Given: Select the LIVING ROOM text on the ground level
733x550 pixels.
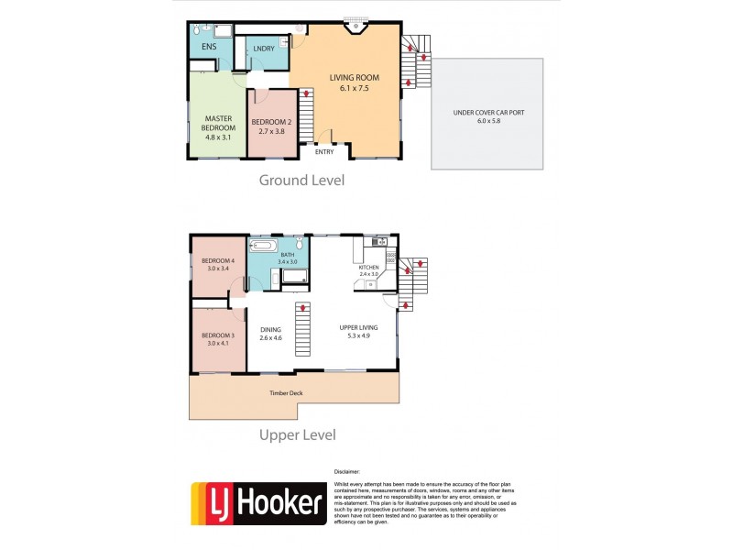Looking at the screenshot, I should click(x=354, y=77).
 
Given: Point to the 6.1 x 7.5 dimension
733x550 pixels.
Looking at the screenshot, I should click(x=354, y=89).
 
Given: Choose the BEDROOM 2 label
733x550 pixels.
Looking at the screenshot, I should click(x=271, y=122).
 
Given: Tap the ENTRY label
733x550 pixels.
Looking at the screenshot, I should click(x=324, y=152).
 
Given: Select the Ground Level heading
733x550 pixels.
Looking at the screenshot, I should click(x=301, y=180).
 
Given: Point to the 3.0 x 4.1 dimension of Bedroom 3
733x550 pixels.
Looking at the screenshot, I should click(x=218, y=343).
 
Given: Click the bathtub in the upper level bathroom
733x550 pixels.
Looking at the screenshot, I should click(x=263, y=247).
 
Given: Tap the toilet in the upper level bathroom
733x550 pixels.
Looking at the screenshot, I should click(x=299, y=245).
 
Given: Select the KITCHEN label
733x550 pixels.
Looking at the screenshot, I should click(x=369, y=268).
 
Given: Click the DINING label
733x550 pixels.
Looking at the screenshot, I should click(x=270, y=329).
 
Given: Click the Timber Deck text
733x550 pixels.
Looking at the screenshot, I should click(x=285, y=393).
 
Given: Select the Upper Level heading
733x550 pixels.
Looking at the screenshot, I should click(x=298, y=434).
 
